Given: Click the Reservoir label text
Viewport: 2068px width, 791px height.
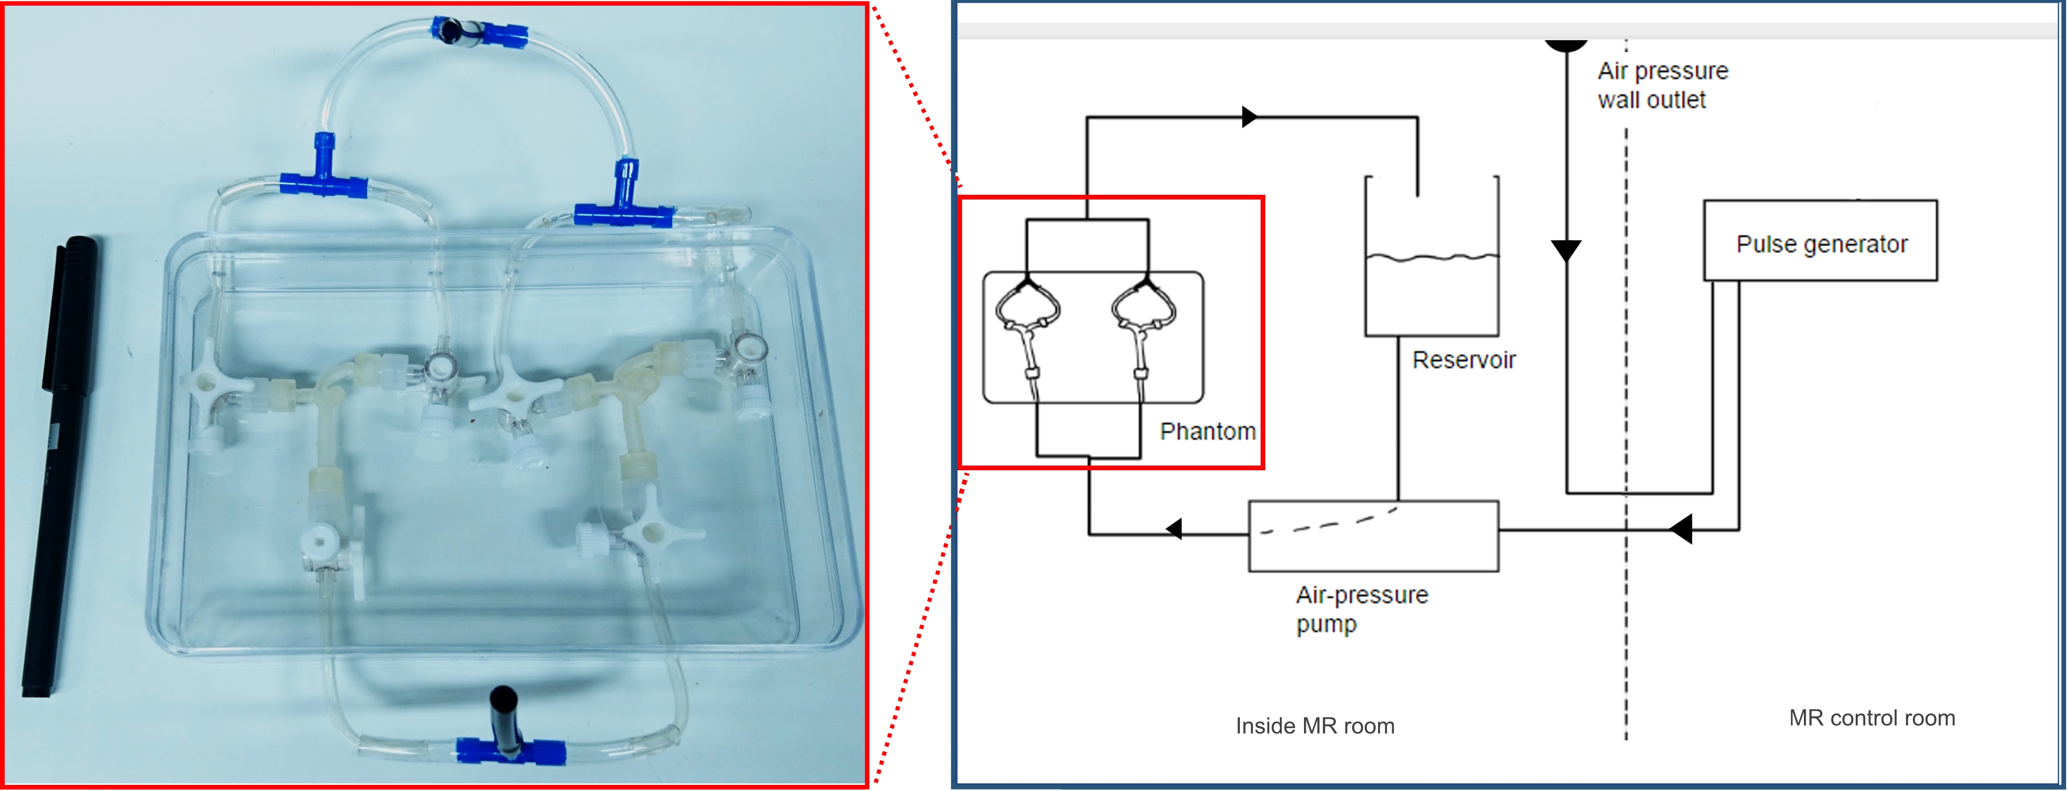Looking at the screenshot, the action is (1463, 360).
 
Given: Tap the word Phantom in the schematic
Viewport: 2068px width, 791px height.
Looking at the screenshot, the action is (1207, 432).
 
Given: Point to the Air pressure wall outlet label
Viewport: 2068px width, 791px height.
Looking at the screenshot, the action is (1662, 85).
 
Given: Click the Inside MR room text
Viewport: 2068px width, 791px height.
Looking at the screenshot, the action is (1315, 726).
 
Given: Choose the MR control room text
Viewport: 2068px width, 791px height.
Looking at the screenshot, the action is (1871, 718).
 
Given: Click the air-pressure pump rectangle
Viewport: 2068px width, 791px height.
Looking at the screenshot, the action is (1373, 536).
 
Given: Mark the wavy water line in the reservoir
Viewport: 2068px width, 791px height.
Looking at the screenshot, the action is (1431, 258).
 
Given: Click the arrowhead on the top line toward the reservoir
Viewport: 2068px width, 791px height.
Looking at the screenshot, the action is (1249, 117).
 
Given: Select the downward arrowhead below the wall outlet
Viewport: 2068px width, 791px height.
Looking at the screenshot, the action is (1565, 250).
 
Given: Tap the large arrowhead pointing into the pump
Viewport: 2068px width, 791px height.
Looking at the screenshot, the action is (1681, 529).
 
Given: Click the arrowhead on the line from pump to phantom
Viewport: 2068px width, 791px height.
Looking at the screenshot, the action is (1174, 529).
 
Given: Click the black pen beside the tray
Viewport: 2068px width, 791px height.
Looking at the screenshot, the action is (58, 466).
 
